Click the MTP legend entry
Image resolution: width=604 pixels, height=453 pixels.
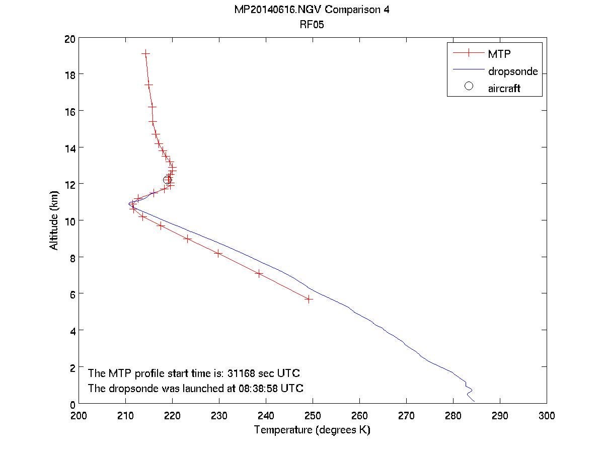pyautogui.click(x=499, y=53)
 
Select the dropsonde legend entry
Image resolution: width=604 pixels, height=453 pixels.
pyautogui.click(x=513, y=71)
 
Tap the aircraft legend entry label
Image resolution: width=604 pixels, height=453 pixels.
pyautogui.click(x=504, y=89)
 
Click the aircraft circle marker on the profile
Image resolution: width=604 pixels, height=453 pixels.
pyautogui.click(x=168, y=180)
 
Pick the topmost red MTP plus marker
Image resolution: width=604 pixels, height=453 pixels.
pyautogui.click(x=146, y=53)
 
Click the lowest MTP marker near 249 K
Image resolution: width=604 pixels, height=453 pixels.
pyautogui.click(x=309, y=299)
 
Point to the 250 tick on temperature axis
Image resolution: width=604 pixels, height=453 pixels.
pyautogui.click(x=313, y=416)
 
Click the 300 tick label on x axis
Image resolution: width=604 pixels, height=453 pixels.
pyautogui.click(x=546, y=416)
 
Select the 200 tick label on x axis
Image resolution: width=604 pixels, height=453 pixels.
pyautogui.click(x=79, y=416)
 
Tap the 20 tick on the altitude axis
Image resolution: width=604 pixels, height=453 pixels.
pyautogui.click(x=70, y=39)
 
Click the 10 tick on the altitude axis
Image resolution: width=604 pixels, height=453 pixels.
pyautogui.click(x=70, y=221)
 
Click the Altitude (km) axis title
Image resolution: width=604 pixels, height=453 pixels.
pyautogui.click(x=54, y=221)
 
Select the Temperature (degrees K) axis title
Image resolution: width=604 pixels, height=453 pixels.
pyautogui.click(x=313, y=430)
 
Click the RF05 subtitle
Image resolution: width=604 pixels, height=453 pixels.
pyautogui.click(x=313, y=26)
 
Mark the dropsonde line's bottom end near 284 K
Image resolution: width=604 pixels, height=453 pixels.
pyautogui.click(x=474, y=401)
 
